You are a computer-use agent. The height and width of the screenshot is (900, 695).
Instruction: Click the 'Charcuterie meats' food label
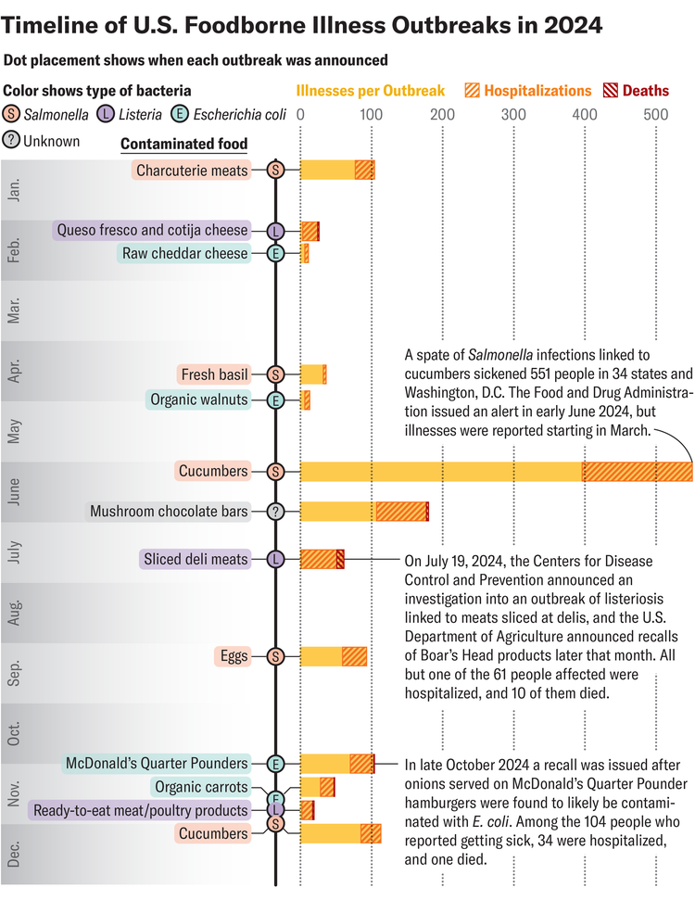192,170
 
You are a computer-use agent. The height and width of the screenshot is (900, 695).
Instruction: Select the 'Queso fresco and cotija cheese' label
152,230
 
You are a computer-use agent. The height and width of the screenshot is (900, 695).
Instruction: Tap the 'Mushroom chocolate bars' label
169,511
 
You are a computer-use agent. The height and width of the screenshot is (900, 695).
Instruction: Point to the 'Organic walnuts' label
198,399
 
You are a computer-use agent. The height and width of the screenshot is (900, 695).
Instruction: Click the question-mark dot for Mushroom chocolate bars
275,511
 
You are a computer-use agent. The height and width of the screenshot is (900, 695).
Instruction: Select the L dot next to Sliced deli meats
275,559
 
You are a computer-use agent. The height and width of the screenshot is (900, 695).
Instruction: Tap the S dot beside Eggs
275,656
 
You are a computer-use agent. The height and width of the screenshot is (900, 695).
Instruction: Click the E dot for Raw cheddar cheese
275,253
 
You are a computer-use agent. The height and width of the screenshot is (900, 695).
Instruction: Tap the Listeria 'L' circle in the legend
106,115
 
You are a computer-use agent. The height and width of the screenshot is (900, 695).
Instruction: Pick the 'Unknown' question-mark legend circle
12,142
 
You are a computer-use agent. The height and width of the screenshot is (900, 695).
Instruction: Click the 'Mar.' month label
15,311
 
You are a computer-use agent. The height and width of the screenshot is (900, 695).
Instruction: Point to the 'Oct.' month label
15,734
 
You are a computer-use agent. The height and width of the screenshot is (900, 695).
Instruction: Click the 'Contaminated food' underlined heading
184,144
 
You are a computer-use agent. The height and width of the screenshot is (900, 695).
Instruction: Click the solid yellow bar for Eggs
321,656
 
